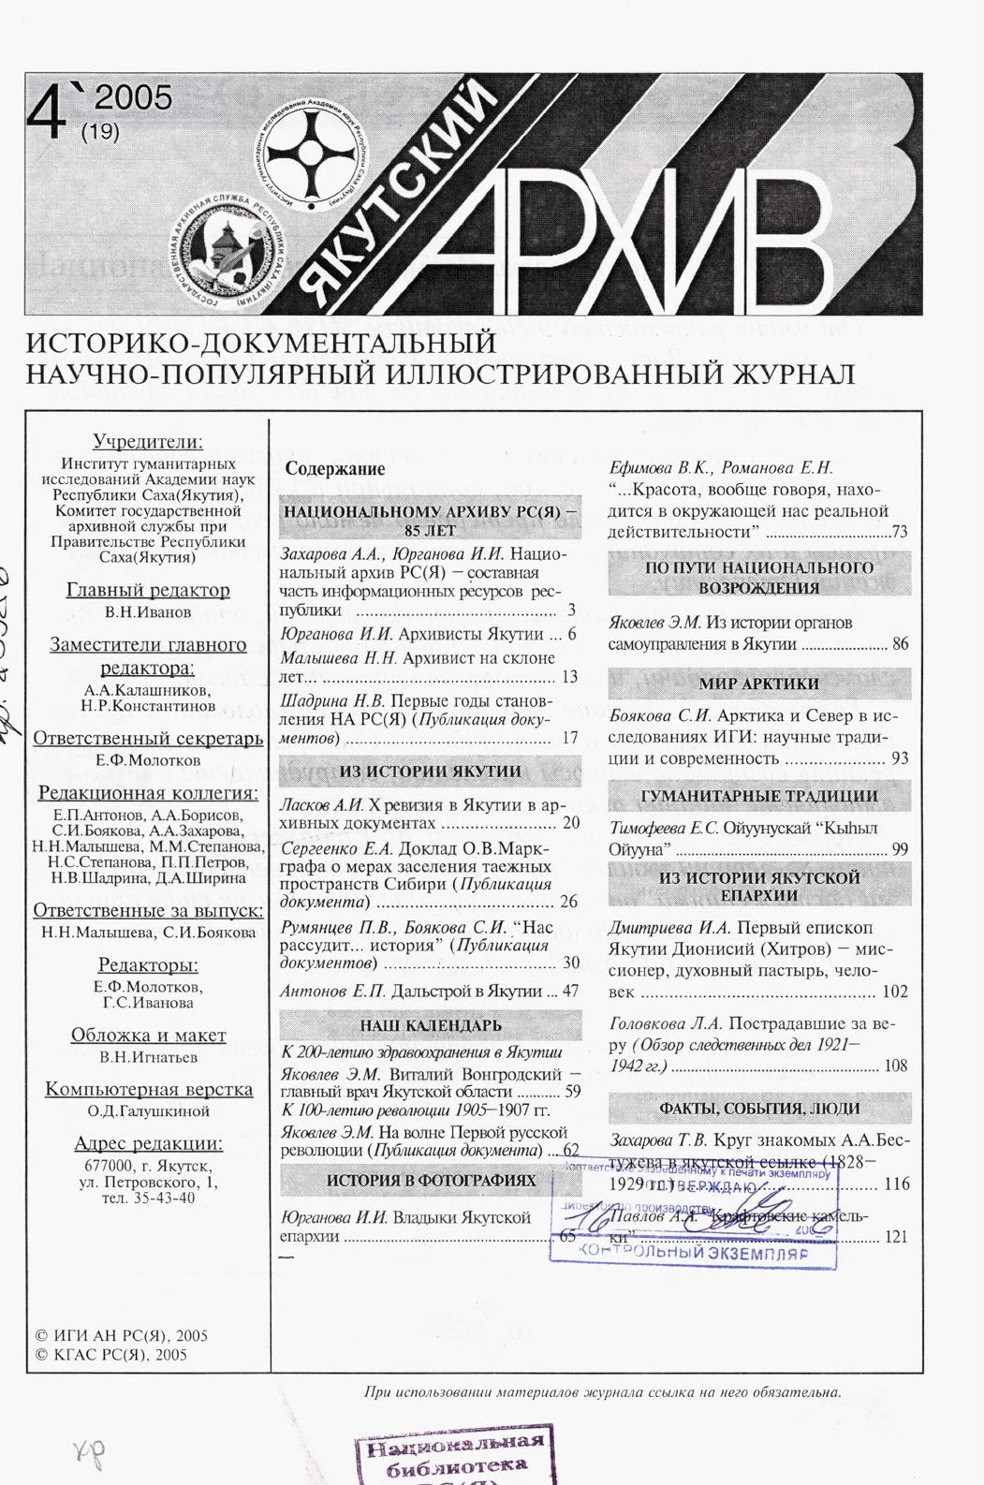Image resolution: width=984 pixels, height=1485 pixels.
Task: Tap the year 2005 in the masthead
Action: tap(133, 98)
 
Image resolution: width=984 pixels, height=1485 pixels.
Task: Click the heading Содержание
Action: tap(335, 469)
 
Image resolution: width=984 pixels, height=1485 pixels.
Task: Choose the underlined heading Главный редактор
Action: tap(148, 590)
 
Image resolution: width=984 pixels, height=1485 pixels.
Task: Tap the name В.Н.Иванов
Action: tap(148, 611)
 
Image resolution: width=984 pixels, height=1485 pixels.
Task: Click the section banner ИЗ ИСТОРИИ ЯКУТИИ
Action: tap(430, 772)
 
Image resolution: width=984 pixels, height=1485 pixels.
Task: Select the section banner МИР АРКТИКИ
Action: tap(758, 684)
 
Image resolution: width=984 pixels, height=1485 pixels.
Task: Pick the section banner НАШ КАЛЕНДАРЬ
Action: tap(430, 1025)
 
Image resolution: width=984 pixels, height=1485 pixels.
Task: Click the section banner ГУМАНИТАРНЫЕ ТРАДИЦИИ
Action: tap(758, 797)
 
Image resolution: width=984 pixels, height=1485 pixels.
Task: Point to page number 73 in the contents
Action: tap(900, 533)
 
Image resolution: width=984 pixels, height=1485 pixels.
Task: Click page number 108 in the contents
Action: tap(895, 1066)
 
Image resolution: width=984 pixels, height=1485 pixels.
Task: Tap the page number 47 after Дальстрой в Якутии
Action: tap(570, 991)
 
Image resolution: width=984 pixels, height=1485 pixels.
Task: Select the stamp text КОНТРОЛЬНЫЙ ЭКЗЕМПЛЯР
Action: tap(694, 1252)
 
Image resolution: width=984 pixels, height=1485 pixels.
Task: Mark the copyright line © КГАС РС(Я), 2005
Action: tap(110, 1354)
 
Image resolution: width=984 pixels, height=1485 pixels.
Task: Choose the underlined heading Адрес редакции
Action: tap(148, 1144)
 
